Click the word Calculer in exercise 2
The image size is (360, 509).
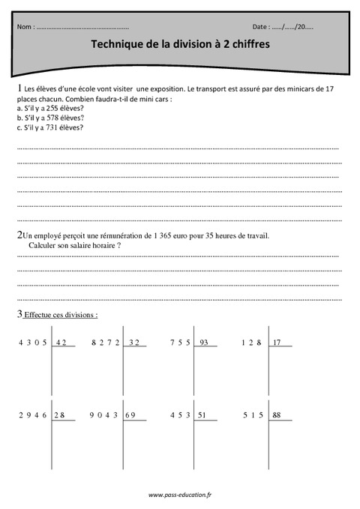point(42,245)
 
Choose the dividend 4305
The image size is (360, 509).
point(33,343)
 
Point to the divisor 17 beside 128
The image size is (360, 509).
point(277,343)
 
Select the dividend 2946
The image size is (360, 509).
point(33,415)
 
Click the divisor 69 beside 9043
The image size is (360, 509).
point(130,415)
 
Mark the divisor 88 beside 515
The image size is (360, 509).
point(277,415)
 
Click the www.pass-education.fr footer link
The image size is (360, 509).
point(180,495)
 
